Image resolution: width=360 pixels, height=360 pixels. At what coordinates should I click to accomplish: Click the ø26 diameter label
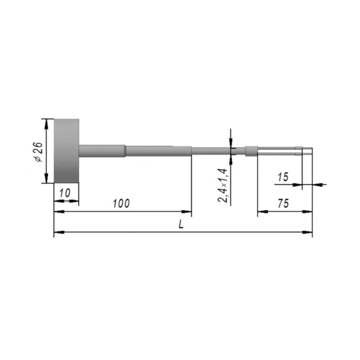[39, 152]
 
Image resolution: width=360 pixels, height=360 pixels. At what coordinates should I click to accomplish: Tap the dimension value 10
[65, 193]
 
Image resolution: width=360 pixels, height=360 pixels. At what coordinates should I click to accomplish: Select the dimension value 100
[121, 204]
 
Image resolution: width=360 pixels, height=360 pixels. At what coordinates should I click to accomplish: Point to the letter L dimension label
[181, 224]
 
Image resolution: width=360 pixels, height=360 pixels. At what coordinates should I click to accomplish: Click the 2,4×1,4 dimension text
[223, 185]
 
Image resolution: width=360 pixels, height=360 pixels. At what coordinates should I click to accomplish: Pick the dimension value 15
[283, 177]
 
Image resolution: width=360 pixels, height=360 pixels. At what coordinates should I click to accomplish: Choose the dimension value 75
[283, 204]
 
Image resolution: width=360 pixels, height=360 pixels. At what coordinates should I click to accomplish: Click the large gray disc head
[66, 151]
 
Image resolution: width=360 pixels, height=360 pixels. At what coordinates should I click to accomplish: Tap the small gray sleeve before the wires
[251, 151]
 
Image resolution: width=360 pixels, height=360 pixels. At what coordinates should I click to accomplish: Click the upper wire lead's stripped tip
[308, 148]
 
